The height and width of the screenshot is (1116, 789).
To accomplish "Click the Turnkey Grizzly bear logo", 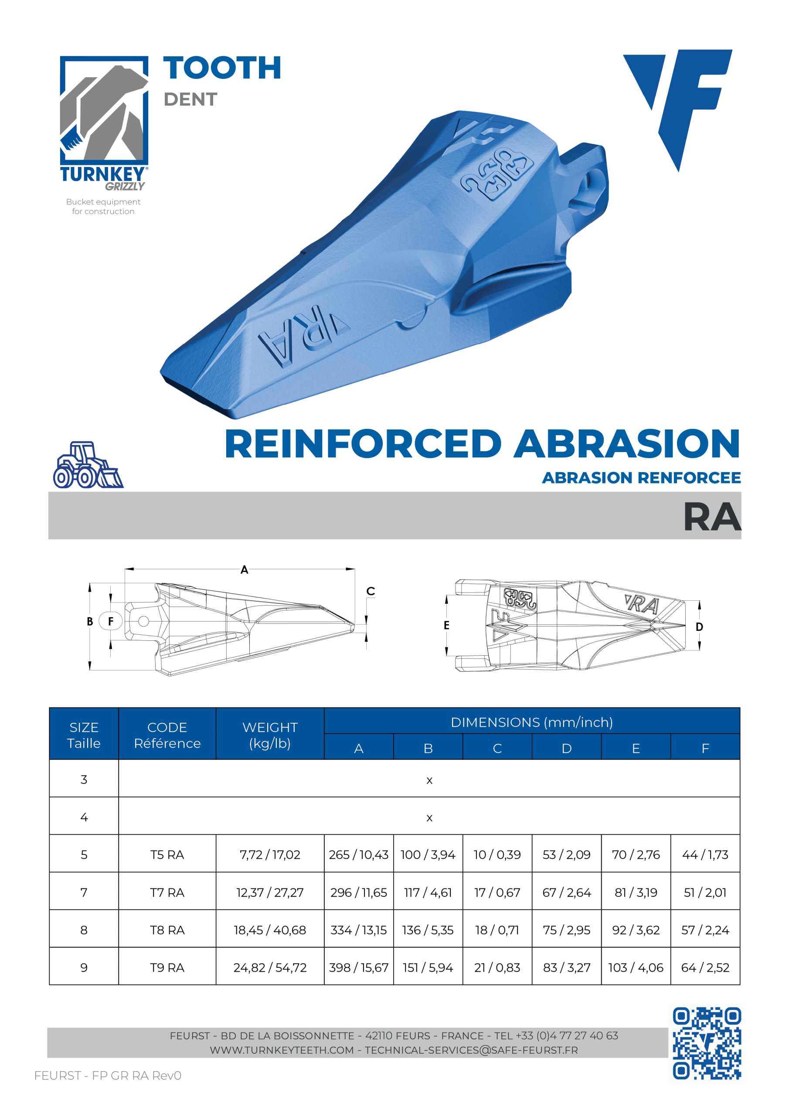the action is click(104, 123).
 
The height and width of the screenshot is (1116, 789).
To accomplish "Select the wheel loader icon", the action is click(88, 465).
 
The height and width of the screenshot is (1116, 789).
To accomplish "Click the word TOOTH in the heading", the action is click(223, 68).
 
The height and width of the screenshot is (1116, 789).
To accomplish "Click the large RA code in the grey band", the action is click(712, 517).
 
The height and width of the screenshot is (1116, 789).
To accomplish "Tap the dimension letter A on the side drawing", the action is click(245, 570).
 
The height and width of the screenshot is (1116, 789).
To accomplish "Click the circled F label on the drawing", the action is click(111, 621).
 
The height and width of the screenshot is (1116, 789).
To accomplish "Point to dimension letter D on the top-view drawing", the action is click(699, 627).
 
